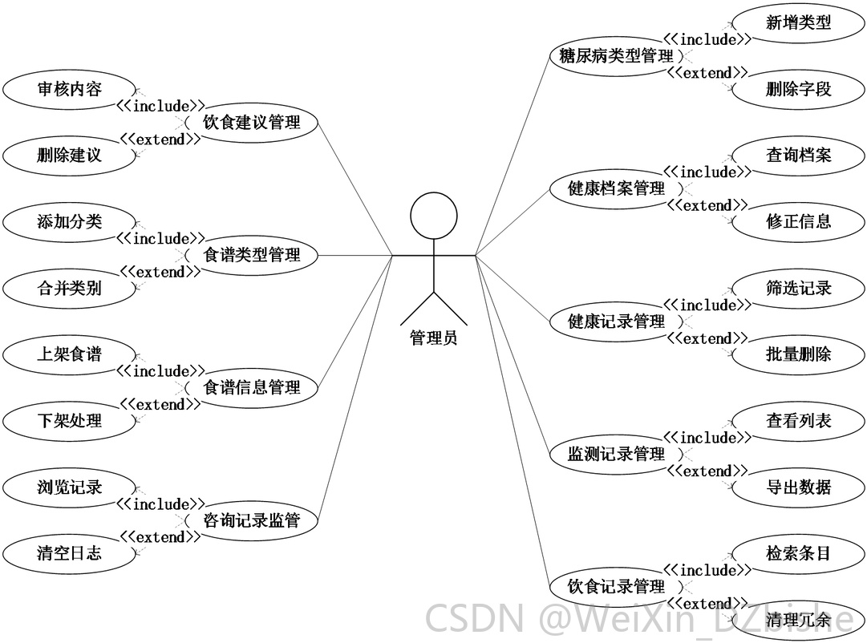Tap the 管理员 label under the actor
tap(434, 338)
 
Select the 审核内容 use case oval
tap(69, 88)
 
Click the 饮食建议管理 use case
tap(251, 122)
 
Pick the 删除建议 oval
tap(69, 155)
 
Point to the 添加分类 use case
tap(69, 222)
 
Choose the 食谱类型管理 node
tap(251, 255)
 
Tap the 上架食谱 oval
tap(69, 354)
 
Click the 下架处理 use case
tap(69, 421)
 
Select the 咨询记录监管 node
tap(251, 520)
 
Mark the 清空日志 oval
tap(69, 553)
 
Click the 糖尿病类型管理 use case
tap(617, 55)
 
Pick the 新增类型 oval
tap(798, 22)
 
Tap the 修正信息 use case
tap(798, 222)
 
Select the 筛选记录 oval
tap(798, 288)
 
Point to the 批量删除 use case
tap(798, 354)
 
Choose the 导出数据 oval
tap(798, 487)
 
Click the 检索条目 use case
tap(798, 553)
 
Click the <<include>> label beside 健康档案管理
tap(707, 172)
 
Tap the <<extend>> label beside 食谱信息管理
tap(160, 404)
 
